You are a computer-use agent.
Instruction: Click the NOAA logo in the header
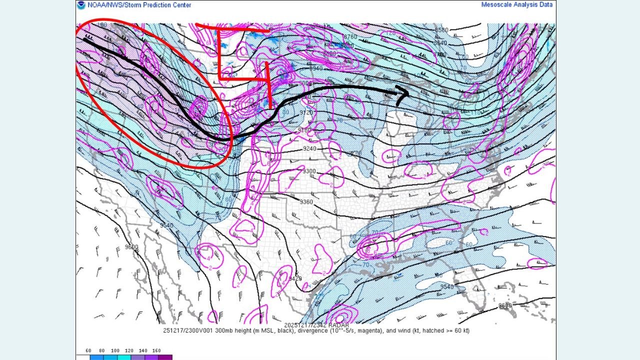pyautogui.click(x=81, y=5)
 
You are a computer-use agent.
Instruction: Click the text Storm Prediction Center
pyautogui.click(x=159, y=5)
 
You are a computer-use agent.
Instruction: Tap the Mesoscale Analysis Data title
pyautogui.click(x=517, y=5)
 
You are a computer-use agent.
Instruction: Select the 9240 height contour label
pyautogui.click(x=309, y=148)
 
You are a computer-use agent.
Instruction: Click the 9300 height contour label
pyautogui.click(x=309, y=171)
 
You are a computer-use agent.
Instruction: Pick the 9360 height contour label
pyautogui.click(x=306, y=201)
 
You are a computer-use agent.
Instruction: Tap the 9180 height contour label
pyautogui.click(x=304, y=130)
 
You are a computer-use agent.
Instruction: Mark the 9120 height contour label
pyautogui.click(x=306, y=112)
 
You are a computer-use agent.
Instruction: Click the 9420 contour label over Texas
pyautogui.click(x=295, y=278)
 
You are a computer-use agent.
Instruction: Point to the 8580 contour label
pyautogui.click(x=441, y=30)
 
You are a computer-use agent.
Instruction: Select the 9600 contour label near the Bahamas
pyautogui.click(x=505, y=305)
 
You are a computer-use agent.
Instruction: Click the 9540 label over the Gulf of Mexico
pyautogui.click(x=446, y=286)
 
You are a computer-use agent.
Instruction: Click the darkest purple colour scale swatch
pyautogui.click(x=165, y=357)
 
